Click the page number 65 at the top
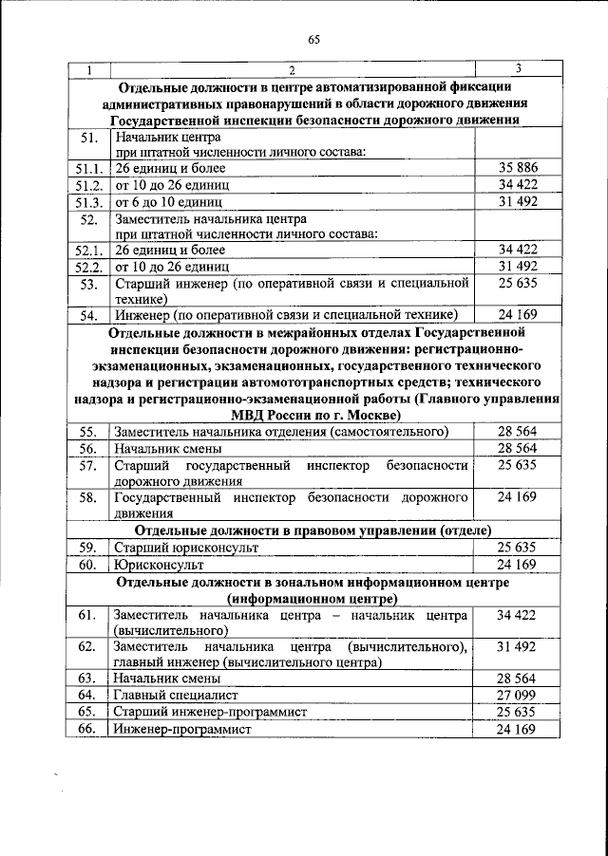[x=313, y=39]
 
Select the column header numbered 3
[x=517, y=68]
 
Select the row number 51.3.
[x=88, y=202]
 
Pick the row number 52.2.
[x=88, y=267]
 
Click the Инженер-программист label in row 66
[x=181, y=730]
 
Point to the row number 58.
[x=88, y=497]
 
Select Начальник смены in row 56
[x=168, y=448]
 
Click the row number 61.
[x=88, y=615]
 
